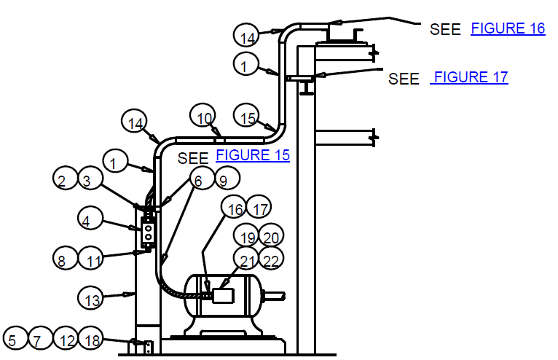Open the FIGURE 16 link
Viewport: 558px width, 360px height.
(x=508, y=28)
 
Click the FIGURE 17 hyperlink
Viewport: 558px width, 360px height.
(x=469, y=77)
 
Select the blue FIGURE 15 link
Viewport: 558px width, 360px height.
(x=253, y=155)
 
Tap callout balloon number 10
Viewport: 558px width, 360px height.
(x=203, y=115)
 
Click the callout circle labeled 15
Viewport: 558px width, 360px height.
(x=246, y=115)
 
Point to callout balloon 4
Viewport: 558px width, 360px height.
(x=90, y=218)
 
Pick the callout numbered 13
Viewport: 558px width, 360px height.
(x=90, y=297)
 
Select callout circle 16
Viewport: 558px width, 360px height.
(x=233, y=207)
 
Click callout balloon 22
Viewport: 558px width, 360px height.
(x=271, y=258)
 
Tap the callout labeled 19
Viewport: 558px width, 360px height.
(x=246, y=235)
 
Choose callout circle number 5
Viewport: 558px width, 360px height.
(x=15, y=337)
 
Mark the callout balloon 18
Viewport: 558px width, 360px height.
(x=90, y=337)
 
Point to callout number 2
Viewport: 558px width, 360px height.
(x=65, y=178)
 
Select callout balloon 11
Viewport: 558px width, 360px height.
(x=90, y=258)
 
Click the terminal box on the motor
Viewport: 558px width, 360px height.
(x=223, y=296)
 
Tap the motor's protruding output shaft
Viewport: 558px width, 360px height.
(x=274, y=296)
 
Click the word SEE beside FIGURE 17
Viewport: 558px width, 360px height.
(x=404, y=79)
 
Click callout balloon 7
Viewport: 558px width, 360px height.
(x=40, y=337)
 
